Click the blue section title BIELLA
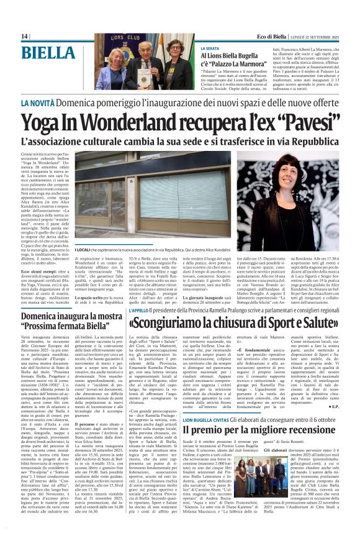click(x=47, y=51)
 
